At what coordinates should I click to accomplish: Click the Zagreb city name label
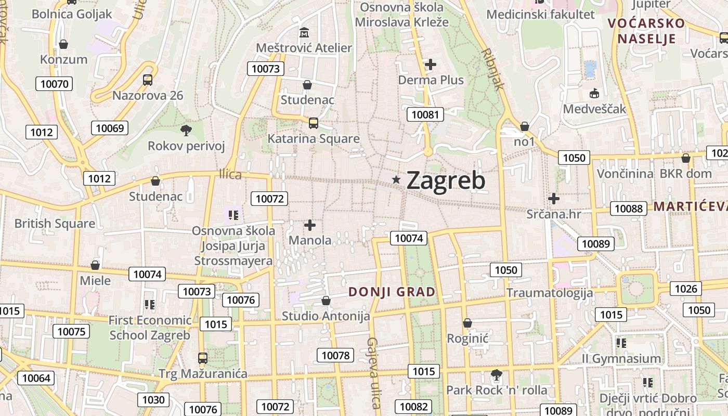coord(446,180)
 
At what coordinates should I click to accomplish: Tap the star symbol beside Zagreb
coord(396,180)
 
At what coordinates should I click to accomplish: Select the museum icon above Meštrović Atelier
coord(304,33)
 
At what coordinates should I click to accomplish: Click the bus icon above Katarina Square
coord(313,123)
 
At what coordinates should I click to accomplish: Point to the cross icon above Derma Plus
coord(431,64)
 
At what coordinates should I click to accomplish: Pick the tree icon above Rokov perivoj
coord(186,130)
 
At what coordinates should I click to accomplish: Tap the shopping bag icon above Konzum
coord(63,44)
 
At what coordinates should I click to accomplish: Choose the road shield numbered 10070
coord(54,84)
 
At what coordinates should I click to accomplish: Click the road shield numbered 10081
coord(425,115)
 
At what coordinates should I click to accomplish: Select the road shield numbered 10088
coord(628,209)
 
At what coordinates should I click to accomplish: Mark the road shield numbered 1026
coord(686,289)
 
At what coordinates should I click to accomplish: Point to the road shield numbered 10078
coord(335,356)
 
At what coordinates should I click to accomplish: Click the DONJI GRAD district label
coord(392,292)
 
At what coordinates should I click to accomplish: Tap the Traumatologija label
coord(550,293)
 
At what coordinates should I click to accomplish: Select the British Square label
coord(55,224)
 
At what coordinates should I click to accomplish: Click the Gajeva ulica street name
coord(373,372)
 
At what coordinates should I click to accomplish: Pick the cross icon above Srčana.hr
coord(554,198)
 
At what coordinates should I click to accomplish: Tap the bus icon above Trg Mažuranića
coord(203,358)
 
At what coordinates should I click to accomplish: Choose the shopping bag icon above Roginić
coord(467,323)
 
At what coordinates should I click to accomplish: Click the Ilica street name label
coord(230,175)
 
